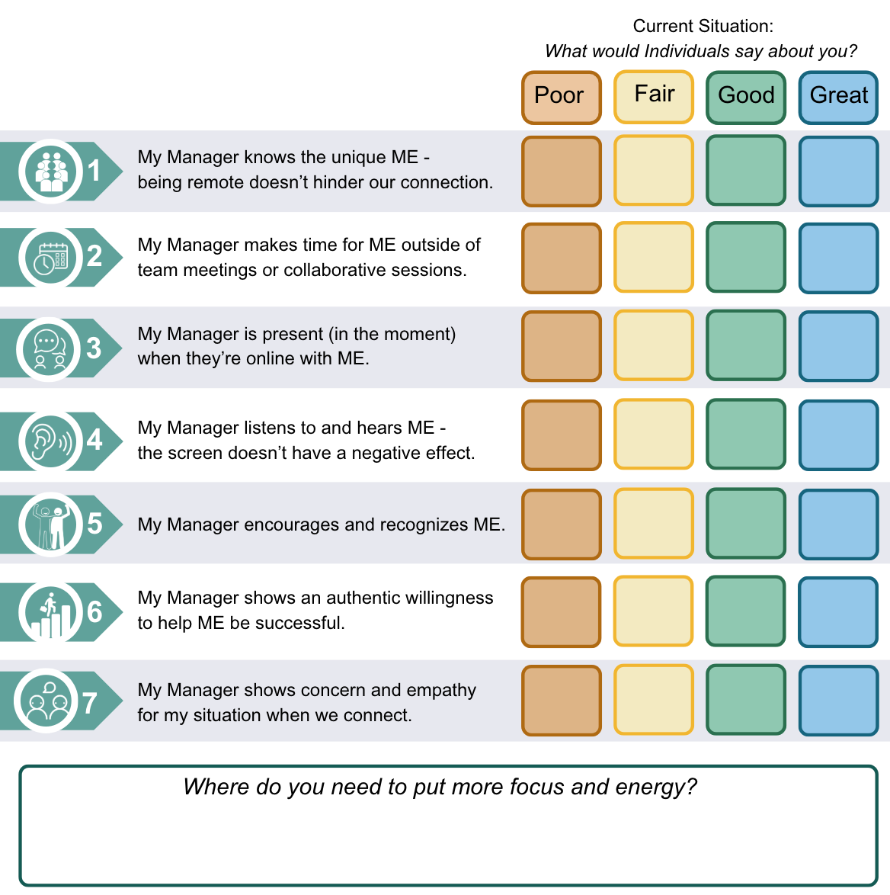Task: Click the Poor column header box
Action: pyautogui.click(x=562, y=98)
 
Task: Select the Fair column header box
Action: pyautogui.click(x=654, y=97)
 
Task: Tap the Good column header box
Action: pyautogui.click(x=746, y=98)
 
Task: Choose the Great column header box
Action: pyautogui.click(x=838, y=98)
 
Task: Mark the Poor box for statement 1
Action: pyautogui.click(x=562, y=172)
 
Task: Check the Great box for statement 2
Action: pyautogui.click(x=838, y=258)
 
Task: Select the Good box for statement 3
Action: pyautogui.click(x=746, y=345)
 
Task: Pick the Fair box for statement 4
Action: pyautogui.click(x=654, y=434)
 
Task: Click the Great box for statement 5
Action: pyautogui.click(x=838, y=524)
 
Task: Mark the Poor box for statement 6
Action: pyautogui.click(x=562, y=612)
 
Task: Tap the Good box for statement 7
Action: pyautogui.click(x=746, y=700)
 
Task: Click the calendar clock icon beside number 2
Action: pyautogui.click(x=51, y=258)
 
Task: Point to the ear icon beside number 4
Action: pyautogui.click(x=50, y=441)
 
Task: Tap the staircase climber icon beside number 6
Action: pyautogui.click(x=50, y=612)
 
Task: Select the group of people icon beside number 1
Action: pyautogui.click(x=51, y=171)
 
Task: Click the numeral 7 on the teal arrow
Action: pyautogui.click(x=90, y=702)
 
